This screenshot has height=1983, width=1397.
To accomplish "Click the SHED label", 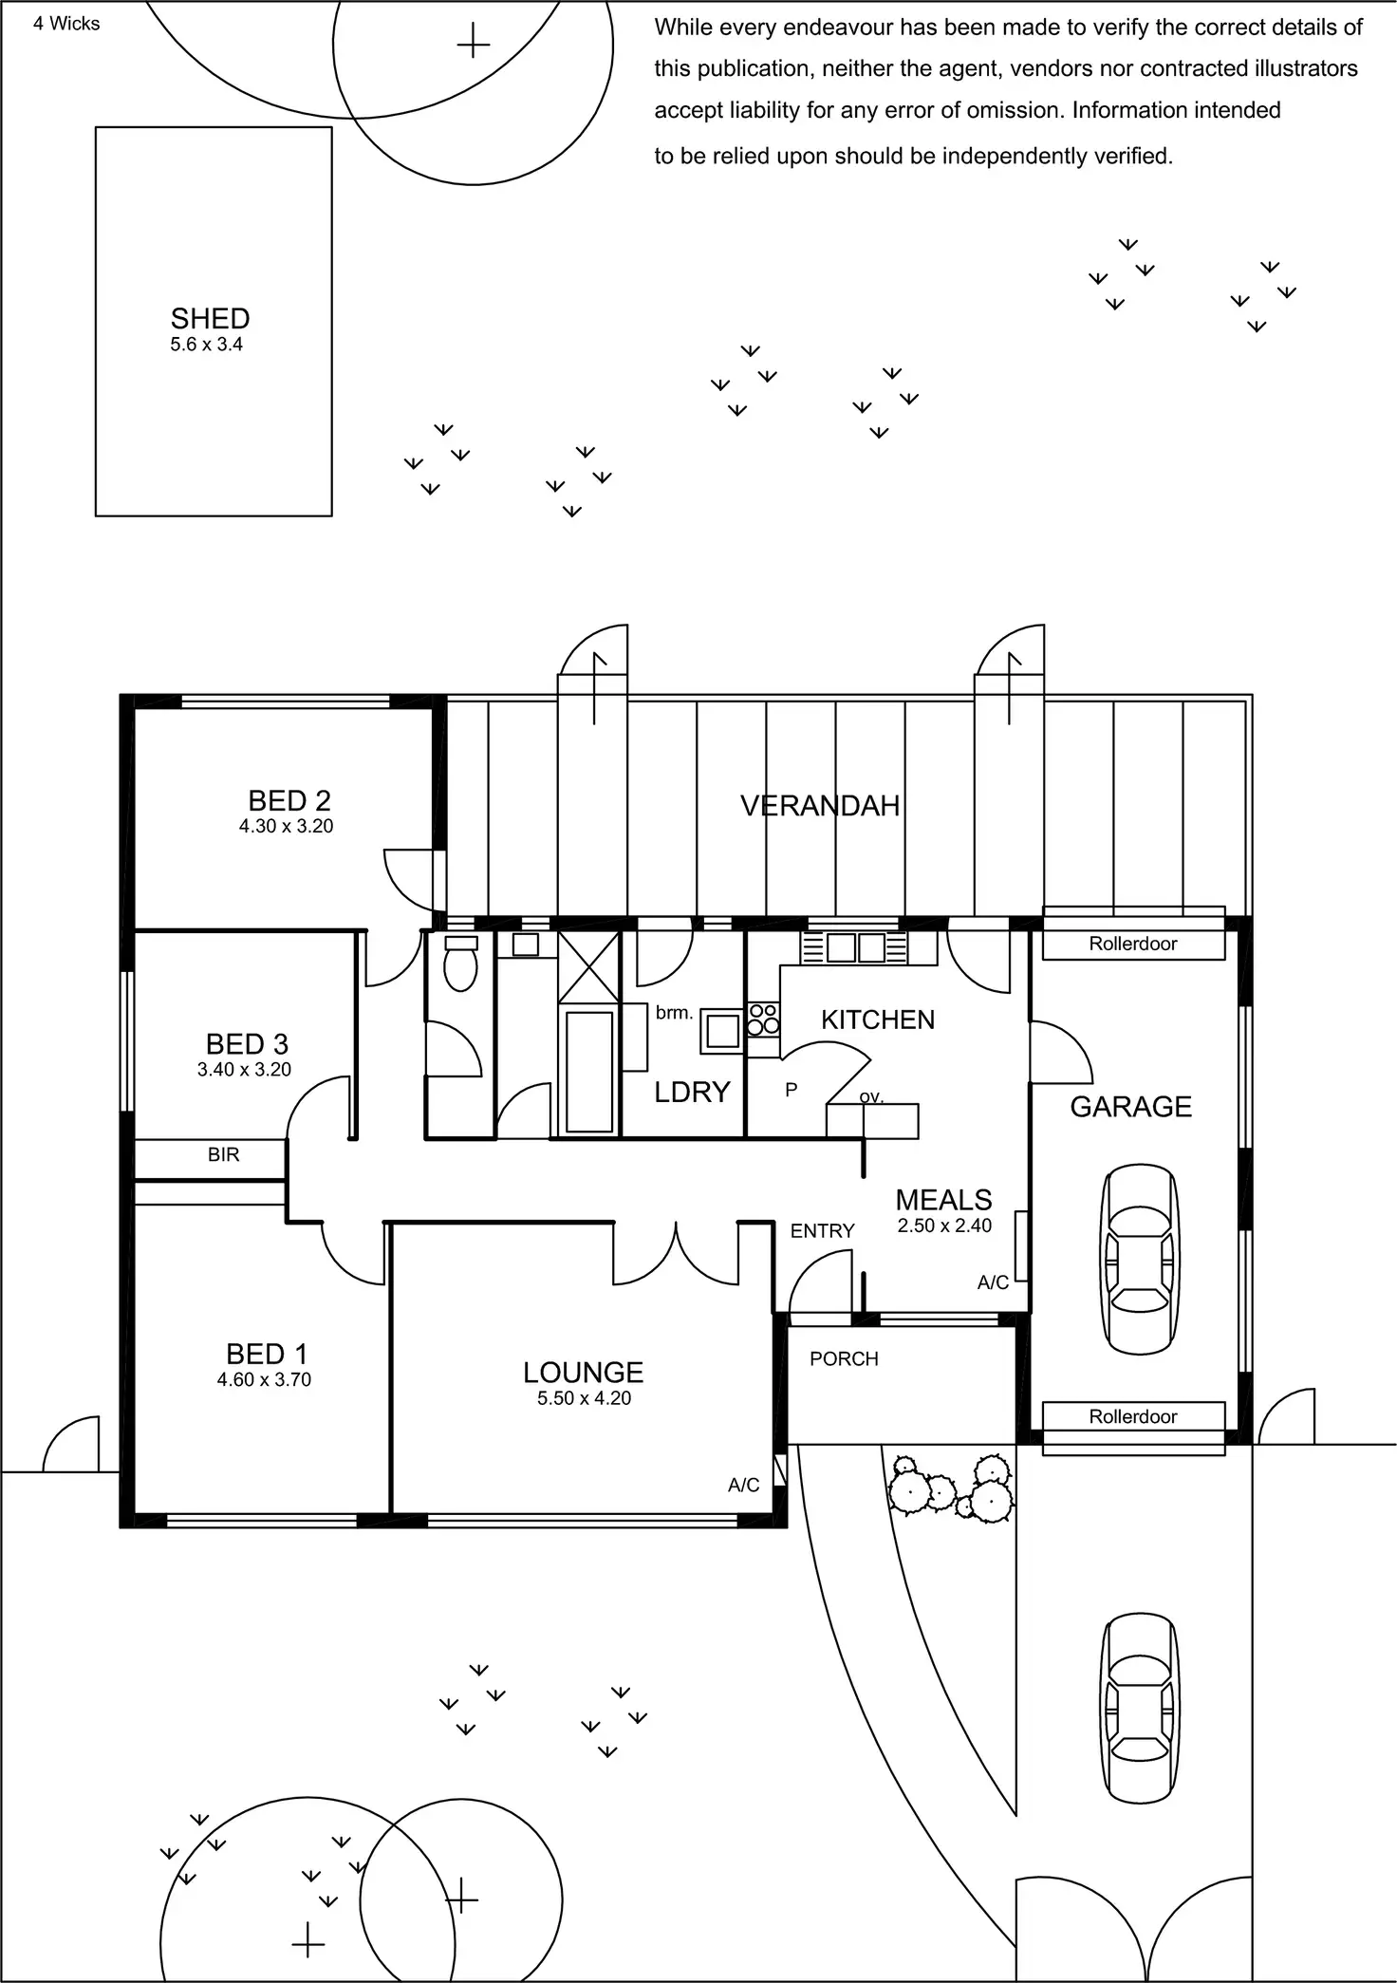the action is [x=210, y=318].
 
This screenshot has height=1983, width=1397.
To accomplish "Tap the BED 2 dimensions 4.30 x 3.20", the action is [x=286, y=826].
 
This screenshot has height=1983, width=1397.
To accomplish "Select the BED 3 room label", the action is [x=247, y=1044].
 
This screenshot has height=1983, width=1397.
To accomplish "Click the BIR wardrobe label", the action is [x=223, y=1154].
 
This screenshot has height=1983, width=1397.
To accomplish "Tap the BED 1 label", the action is [x=267, y=1354].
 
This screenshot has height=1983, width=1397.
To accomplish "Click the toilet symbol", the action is [x=460, y=963].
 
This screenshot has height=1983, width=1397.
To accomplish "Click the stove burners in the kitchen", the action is [x=763, y=1020].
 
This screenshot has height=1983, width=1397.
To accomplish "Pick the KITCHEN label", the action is [x=878, y=1020].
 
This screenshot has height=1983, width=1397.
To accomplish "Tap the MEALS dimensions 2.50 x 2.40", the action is [x=944, y=1225].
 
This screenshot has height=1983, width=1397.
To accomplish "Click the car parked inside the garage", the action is [x=1139, y=1258].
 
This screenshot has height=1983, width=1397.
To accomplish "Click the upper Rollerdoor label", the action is [x=1132, y=944].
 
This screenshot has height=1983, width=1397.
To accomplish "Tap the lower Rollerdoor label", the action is [x=1132, y=1416].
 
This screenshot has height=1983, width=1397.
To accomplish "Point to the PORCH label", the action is [x=844, y=1358].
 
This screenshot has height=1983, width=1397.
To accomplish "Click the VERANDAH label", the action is [x=820, y=806].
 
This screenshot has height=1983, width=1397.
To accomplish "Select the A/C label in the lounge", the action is [x=743, y=1485].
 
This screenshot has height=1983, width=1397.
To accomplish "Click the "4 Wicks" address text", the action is [x=66, y=24].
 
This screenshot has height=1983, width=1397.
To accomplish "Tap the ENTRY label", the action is [x=822, y=1230].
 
